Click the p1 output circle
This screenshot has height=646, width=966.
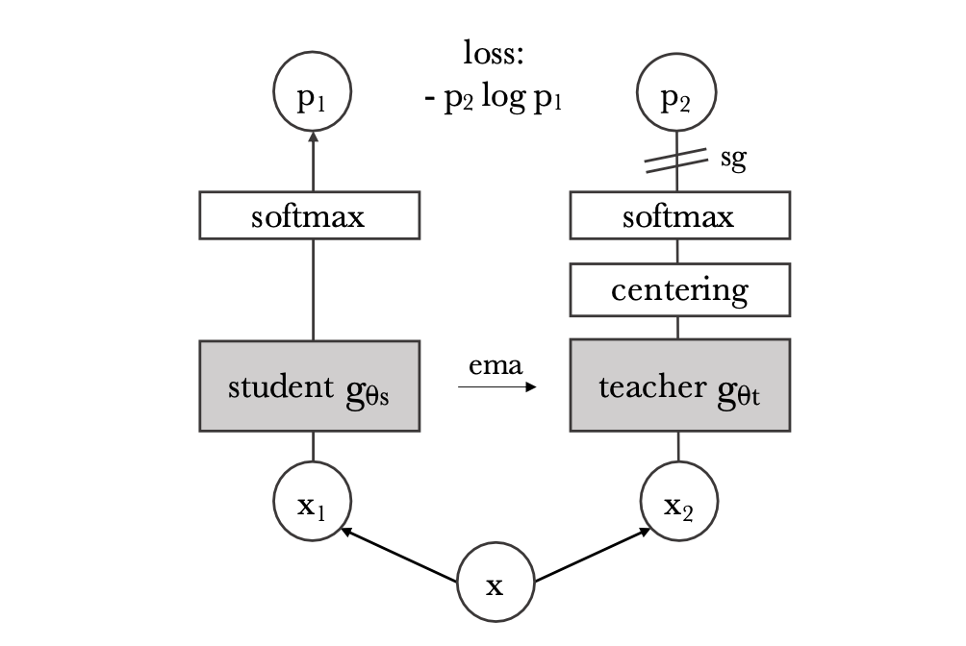coord(312,97)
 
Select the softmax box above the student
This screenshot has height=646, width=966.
coord(309,215)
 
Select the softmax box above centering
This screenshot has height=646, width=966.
coord(679,215)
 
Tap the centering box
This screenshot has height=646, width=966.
coord(679,290)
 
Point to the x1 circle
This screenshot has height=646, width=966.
coord(312,503)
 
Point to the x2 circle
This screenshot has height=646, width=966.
coord(679,503)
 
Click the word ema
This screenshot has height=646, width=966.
coord(495,366)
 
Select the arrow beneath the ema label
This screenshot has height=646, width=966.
coord(496,387)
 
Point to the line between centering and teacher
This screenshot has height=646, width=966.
coord(679,327)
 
